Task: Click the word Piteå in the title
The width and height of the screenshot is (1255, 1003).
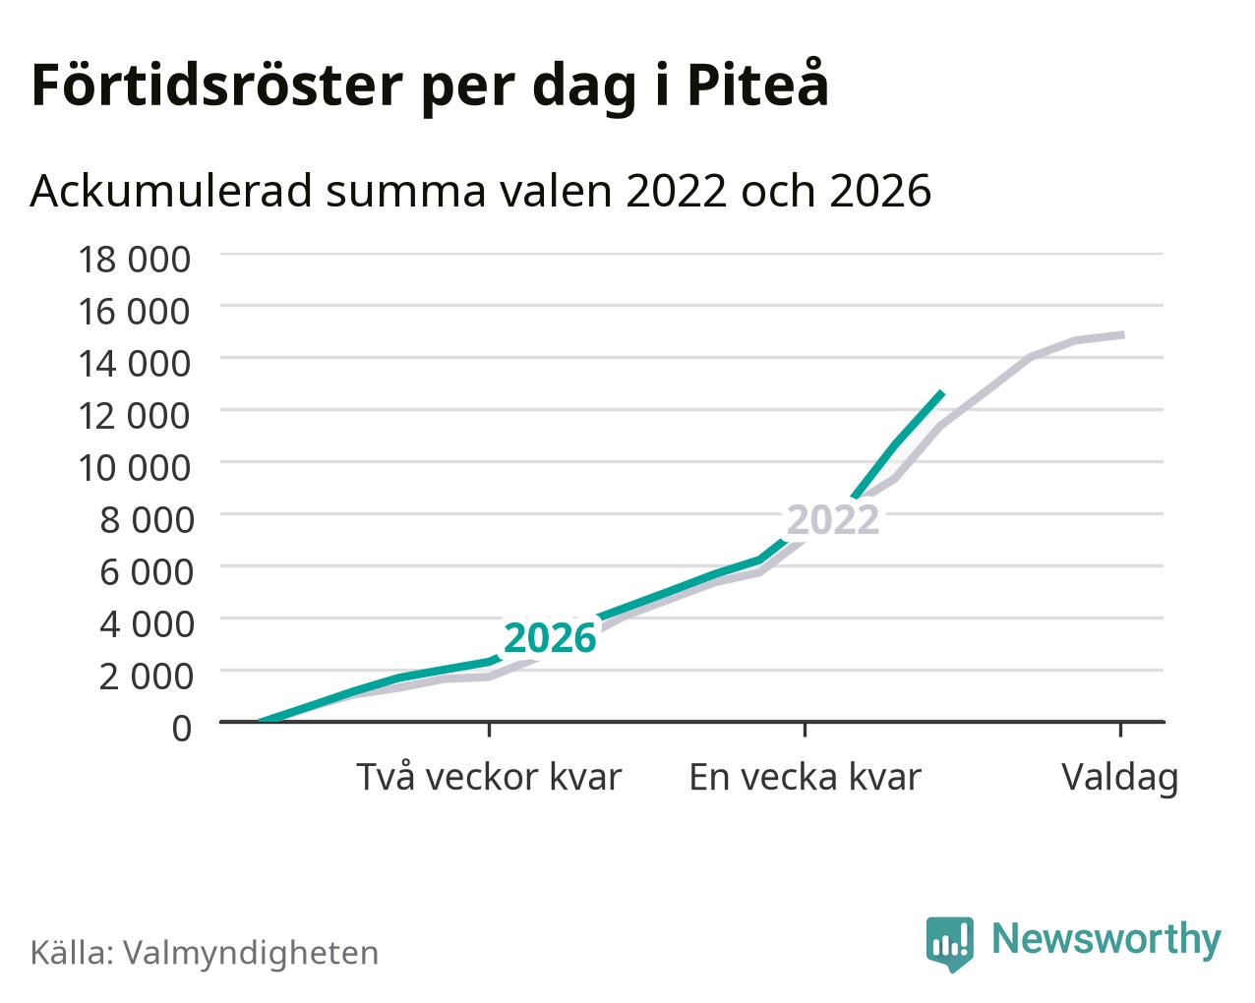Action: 757,84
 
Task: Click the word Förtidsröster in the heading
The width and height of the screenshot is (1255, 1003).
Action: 217,86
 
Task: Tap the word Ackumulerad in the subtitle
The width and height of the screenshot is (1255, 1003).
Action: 171,191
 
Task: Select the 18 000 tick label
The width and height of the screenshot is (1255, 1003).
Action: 134,260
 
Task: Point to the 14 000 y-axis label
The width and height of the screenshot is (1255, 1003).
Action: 134,364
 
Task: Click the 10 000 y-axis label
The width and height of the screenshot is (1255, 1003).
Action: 134,468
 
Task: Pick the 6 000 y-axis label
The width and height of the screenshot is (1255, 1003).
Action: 146,572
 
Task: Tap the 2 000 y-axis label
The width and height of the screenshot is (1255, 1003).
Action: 146,677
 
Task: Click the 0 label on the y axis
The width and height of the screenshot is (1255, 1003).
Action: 181,729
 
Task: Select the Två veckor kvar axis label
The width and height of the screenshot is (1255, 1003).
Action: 489,777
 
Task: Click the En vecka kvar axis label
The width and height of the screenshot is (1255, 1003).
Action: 805,777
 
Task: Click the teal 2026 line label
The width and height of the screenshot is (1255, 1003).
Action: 550,638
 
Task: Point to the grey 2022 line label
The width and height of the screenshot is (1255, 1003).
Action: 833,519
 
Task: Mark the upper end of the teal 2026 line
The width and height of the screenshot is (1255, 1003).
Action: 941,392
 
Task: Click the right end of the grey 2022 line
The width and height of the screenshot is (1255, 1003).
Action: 1123,334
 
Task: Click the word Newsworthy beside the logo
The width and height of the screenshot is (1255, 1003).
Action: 1106,939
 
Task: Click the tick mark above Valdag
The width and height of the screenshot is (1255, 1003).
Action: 1120,730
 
